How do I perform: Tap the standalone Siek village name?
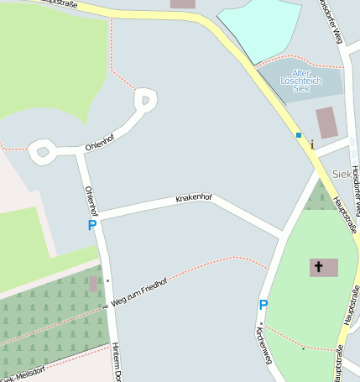coord(342,174)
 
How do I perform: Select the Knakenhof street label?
coord(194,199)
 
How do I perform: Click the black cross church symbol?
coord(318,268)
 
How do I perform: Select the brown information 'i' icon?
coord(312,144)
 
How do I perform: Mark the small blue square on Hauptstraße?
coord(298,134)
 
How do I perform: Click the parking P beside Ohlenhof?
coord(91,225)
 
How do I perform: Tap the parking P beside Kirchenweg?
coord(263,306)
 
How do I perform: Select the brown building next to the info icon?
coord(326,123)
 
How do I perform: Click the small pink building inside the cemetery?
coord(92,284)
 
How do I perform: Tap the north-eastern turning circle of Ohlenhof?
coord(145,102)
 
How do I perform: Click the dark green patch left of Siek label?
coord(318,197)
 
